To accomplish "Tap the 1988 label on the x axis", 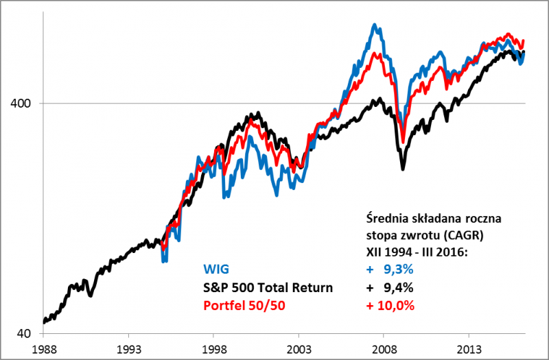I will tap(43, 348).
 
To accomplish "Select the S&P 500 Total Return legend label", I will tap(268, 287).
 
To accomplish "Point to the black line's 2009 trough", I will tap(404, 168).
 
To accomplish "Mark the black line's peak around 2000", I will tap(258, 113).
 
